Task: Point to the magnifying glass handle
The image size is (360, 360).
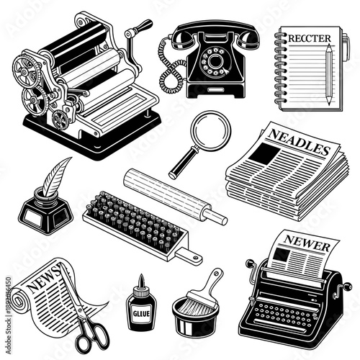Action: [179, 166]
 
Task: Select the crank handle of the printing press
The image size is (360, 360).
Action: [137, 32]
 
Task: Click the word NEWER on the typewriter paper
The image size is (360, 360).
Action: [302, 240]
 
